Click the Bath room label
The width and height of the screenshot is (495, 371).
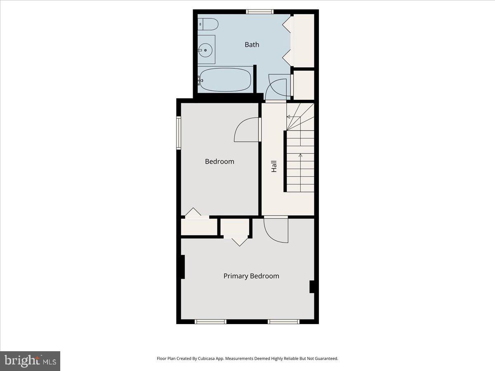tap(252, 45)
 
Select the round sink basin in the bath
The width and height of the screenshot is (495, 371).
tap(205, 50)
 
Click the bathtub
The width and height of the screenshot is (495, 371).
tap(225, 80)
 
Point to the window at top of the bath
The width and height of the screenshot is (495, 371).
tap(260, 12)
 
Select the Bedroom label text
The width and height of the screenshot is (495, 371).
tap(219, 162)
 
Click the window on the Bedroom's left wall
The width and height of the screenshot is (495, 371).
tap(179, 133)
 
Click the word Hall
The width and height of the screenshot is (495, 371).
tap(274, 166)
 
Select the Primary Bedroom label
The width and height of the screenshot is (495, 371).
tap(251, 276)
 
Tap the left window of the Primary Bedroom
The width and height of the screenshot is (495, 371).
tap(210, 322)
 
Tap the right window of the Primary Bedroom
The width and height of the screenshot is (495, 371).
tap(283, 322)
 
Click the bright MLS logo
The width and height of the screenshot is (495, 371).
tap(30, 361)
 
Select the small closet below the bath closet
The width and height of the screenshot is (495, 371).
tap(304, 85)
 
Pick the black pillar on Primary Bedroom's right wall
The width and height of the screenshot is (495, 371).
tap(312, 287)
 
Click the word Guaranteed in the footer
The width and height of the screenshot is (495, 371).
tap(325, 359)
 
